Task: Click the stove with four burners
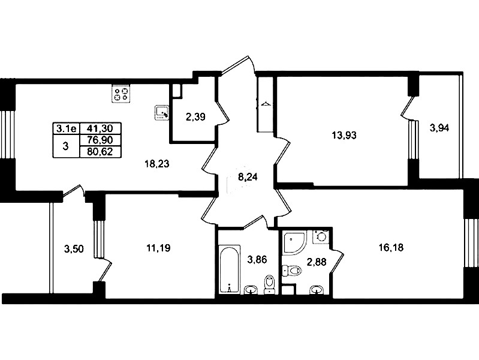pyautogui.click(x=121, y=94)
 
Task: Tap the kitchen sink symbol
pyautogui.click(x=162, y=113)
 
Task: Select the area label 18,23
pyautogui.click(x=156, y=164)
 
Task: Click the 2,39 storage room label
pyautogui.click(x=195, y=117)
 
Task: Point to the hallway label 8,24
pyautogui.click(x=248, y=177)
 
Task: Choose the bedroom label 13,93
pyautogui.click(x=344, y=135)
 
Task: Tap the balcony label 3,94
pyautogui.click(x=439, y=128)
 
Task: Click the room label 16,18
pyautogui.click(x=391, y=247)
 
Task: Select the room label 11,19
pyautogui.click(x=158, y=248)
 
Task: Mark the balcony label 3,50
pyautogui.click(x=74, y=249)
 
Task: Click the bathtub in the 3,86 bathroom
pyautogui.click(x=230, y=269)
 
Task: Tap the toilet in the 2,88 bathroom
pyautogui.click(x=292, y=271)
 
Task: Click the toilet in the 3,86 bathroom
pyautogui.click(x=269, y=284)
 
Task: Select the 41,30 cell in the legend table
pyautogui.click(x=100, y=128)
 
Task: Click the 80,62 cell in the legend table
pyautogui.click(x=100, y=151)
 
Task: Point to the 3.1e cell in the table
pyautogui.click(x=67, y=128)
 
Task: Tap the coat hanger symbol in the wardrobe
pyautogui.click(x=265, y=104)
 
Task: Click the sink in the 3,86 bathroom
pyautogui.click(x=252, y=289)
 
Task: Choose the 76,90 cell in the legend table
pyautogui.click(x=100, y=140)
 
